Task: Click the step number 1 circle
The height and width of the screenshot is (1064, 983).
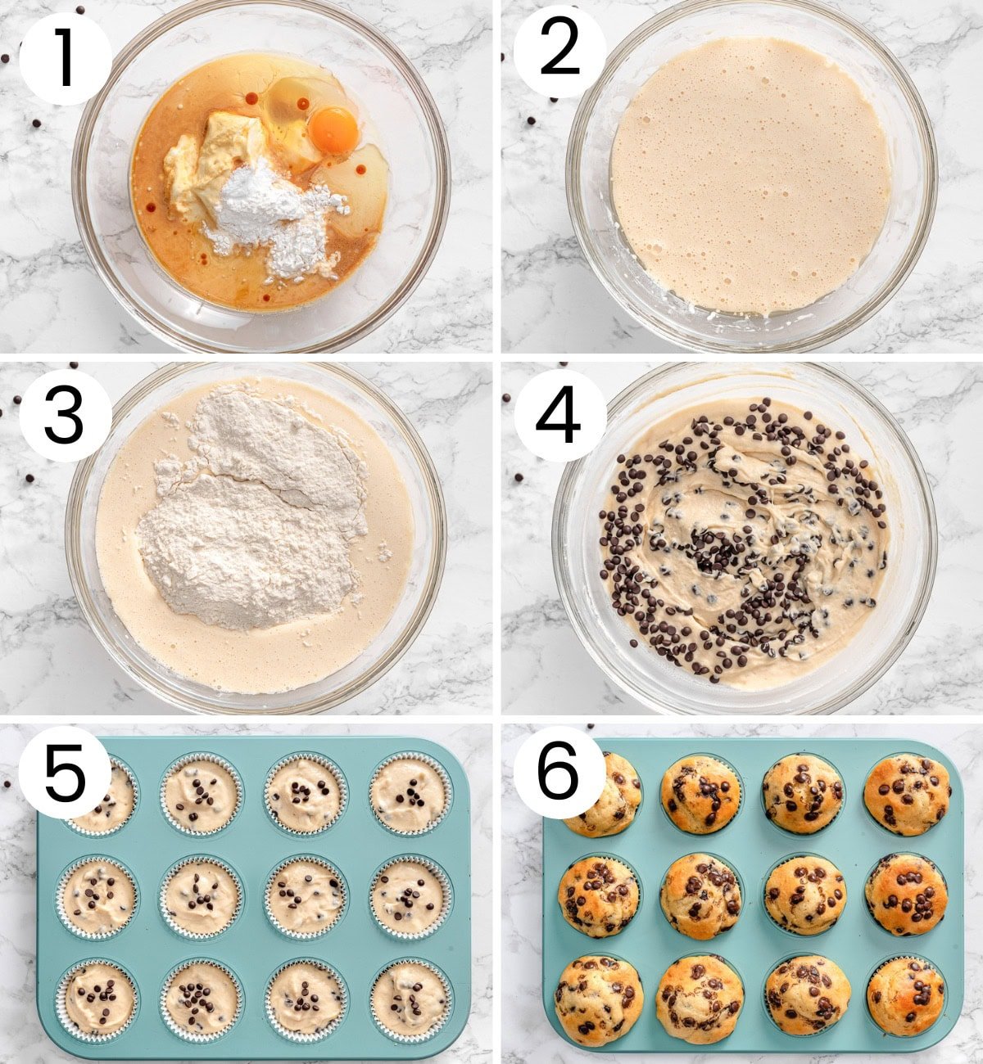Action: click(x=65, y=58)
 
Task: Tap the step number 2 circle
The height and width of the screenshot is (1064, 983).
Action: click(x=559, y=51)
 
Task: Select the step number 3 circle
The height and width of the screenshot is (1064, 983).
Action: click(x=65, y=415)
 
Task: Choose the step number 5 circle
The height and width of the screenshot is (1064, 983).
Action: click(x=65, y=773)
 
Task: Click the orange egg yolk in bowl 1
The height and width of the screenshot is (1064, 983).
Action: click(x=333, y=129)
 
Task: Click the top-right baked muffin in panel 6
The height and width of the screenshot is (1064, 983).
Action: click(x=907, y=794)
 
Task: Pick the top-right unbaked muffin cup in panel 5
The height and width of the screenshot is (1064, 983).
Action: click(x=410, y=794)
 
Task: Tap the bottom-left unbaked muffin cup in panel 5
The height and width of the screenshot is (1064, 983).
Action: click(x=98, y=999)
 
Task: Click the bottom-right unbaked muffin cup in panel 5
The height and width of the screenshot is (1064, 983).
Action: click(x=410, y=999)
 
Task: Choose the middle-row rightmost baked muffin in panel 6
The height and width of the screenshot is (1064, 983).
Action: click(x=907, y=894)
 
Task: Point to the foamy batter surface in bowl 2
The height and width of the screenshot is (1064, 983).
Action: click(x=750, y=176)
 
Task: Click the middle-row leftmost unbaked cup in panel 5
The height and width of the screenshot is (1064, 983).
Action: click(x=98, y=896)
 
